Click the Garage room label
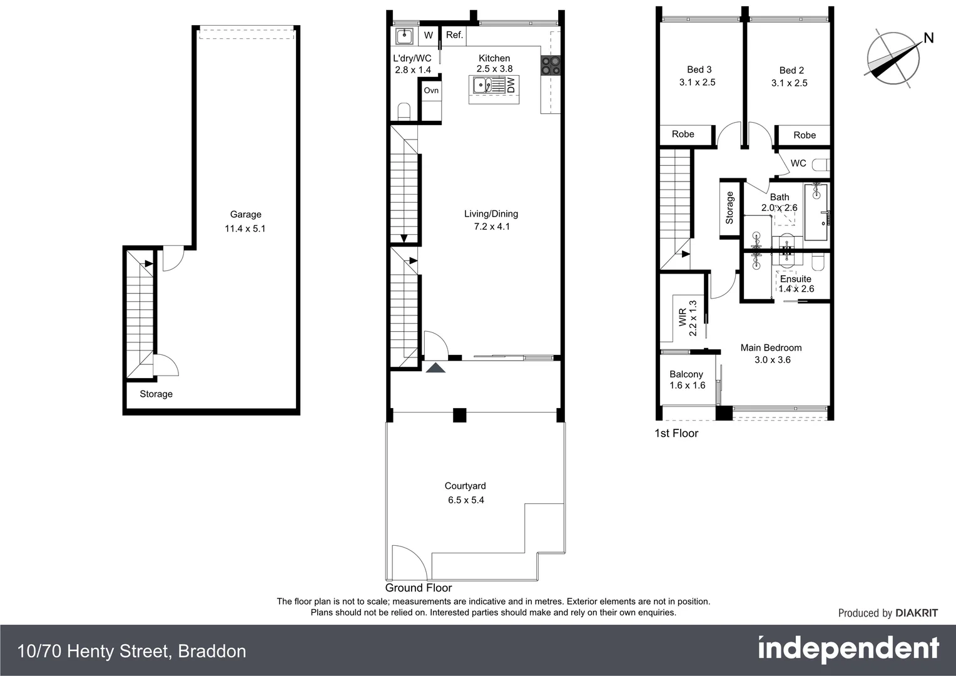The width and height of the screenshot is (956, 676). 245,214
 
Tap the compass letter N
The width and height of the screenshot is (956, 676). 928,38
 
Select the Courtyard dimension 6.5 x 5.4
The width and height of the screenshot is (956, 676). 465,500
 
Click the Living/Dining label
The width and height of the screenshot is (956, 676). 491,213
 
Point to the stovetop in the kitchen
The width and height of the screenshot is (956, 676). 551,66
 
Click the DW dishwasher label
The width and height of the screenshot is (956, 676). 511,85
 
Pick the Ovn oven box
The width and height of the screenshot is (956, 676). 431,91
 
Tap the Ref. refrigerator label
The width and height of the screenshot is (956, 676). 455,35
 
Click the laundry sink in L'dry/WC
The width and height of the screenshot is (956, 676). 404,36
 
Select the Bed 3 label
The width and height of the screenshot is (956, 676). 699,69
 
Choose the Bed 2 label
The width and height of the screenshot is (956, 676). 791,70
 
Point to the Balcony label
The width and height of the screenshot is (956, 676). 686,374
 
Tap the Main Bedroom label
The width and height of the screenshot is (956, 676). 771,347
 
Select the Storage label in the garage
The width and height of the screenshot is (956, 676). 156,394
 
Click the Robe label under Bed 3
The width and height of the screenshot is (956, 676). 683,134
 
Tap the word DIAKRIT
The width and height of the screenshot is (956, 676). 917,613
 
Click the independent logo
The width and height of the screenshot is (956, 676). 848,649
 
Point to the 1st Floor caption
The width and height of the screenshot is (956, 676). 676,433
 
